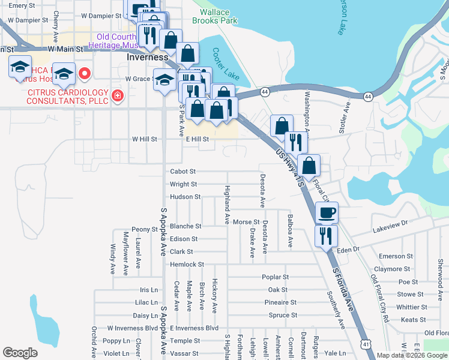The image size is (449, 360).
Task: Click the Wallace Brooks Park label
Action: pyautogui.click(x=214, y=16)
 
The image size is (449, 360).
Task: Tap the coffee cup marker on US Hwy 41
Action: pyautogui.click(x=327, y=212)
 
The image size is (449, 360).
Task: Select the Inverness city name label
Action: pyautogui.click(x=148, y=57)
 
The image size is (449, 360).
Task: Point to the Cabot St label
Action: pyautogui.click(x=183, y=171)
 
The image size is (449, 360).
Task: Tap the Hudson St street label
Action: pyautogui.click(x=185, y=197)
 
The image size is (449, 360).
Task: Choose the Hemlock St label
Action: pyautogui.click(x=187, y=264)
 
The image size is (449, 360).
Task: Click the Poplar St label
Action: pyautogui.click(x=276, y=277)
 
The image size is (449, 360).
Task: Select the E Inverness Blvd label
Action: pyautogui.click(x=194, y=328)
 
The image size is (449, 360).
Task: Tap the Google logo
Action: pyautogui.click(x=20, y=353)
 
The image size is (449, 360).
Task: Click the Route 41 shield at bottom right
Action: pyautogui.click(x=366, y=344)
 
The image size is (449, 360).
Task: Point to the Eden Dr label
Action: pyautogui.click(x=348, y=249)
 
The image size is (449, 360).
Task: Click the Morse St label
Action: pyautogui.click(x=246, y=222)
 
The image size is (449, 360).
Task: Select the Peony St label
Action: pyautogui.click(x=145, y=229)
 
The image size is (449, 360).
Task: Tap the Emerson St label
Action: pyautogui.click(x=396, y=256)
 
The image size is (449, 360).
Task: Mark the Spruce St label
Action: pyautogui.click(x=283, y=315)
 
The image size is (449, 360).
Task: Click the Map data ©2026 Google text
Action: pyautogui.click(x=412, y=355)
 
